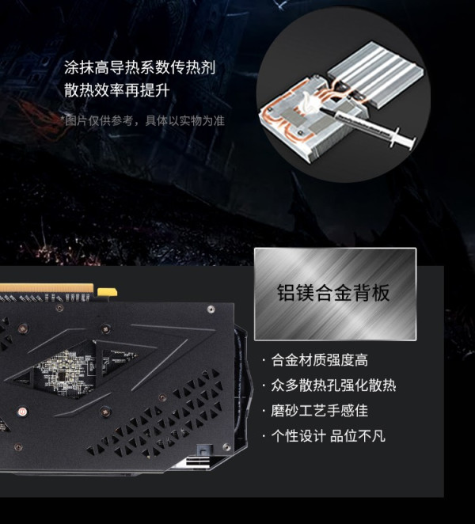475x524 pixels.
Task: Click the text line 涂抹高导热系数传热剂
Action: click(x=139, y=68)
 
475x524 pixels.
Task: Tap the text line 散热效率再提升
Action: click(x=117, y=90)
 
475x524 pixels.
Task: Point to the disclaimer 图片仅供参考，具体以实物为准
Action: click(x=143, y=120)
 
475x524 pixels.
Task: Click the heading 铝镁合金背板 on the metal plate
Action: click(x=333, y=293)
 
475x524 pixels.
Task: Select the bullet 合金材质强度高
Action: click(x=319, y=361)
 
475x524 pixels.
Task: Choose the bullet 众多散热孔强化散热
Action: click(x=333, y=385)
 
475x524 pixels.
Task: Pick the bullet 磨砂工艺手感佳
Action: click(x=319, y=411)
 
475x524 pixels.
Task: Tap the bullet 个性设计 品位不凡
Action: click(x=328, y=436)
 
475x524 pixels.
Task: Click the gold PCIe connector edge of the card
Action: click(x=47, y=288)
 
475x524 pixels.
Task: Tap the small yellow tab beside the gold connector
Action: click(x=107, y=292)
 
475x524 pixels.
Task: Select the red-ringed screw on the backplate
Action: click(x=22, y=412)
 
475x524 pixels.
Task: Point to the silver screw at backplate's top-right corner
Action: click(x=211, y=309)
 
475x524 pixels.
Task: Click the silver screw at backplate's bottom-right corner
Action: click(x=226, y=447)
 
